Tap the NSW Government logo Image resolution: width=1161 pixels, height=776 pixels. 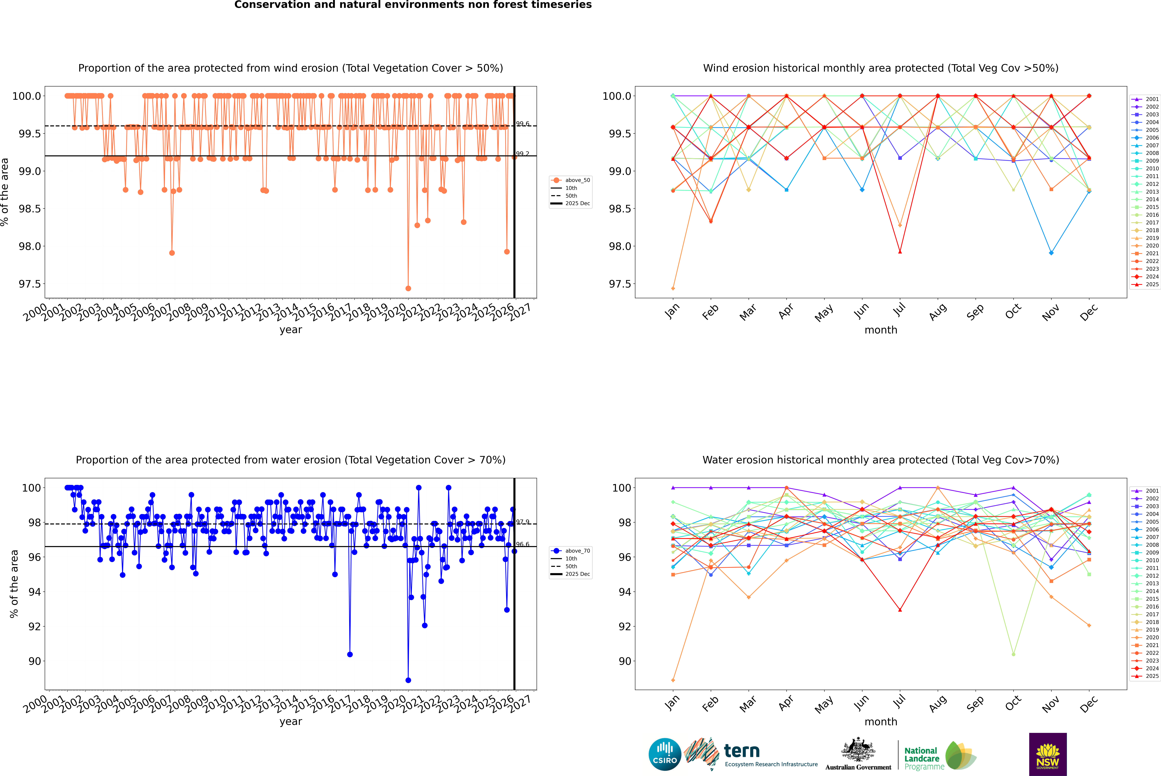[x=1048, y=754]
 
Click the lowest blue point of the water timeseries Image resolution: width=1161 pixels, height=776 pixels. [x=408, y=680]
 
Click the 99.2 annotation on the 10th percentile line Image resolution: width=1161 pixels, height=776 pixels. [x=523, y=154]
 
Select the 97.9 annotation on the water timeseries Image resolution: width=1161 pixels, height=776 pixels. [x=523, y=522]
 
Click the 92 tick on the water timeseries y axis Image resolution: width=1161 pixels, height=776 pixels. [x=35, y=627]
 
